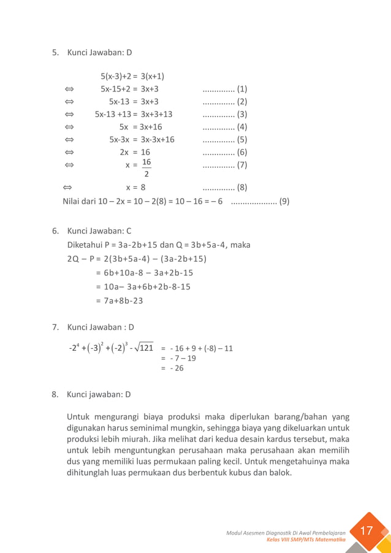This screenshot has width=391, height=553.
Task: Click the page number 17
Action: click(366, 531)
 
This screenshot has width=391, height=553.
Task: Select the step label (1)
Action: click(241, 89)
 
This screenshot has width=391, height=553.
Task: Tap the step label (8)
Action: click(241, 188)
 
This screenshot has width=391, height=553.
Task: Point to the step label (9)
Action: click(284, 200)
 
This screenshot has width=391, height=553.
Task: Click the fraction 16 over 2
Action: click(146, 167)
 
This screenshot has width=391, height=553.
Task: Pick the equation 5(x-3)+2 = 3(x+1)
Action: click(132, 77)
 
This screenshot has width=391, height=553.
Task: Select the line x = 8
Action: click(135, 188)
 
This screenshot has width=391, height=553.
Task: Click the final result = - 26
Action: click(172, 368)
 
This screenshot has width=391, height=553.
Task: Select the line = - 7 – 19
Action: click(178, 359)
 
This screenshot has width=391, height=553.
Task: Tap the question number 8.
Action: click(55, 395)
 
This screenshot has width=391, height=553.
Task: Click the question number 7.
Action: click(55, 327)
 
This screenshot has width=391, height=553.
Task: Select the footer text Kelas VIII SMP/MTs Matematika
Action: click(306, 540)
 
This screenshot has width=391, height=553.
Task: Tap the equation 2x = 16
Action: click(135, 152)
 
